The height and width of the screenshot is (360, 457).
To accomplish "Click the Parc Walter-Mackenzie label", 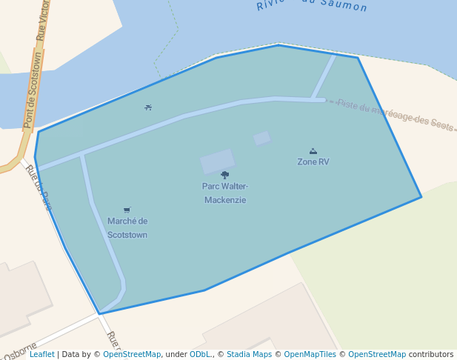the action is tap(224, 193).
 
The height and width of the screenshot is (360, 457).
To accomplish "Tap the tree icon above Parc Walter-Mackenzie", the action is tap(224, 176).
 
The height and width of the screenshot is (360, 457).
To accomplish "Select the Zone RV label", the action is tap(313, 161).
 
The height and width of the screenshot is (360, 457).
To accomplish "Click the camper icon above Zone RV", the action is tap(313, 151).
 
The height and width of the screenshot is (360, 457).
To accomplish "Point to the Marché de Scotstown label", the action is tap(127, 227).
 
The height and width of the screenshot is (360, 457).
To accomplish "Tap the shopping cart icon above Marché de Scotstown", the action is tap(127, 210).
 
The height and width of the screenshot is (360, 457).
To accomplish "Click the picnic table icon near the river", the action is tap(148, 107).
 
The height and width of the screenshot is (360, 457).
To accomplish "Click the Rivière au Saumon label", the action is tap(312, 6).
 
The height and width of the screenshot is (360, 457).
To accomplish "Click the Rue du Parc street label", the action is tap(39, 187).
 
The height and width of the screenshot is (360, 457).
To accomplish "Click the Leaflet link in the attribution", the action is tap(42, 355).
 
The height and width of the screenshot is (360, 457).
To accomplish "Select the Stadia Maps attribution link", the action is tap(249, 355).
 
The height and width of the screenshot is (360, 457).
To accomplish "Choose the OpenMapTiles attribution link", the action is tap(312, 355).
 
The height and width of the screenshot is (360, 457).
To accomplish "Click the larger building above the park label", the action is tap(217, 161).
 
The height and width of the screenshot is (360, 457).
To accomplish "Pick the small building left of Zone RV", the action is tap(262, 138).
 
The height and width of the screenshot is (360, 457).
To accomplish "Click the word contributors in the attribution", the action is tap(431, 355).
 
